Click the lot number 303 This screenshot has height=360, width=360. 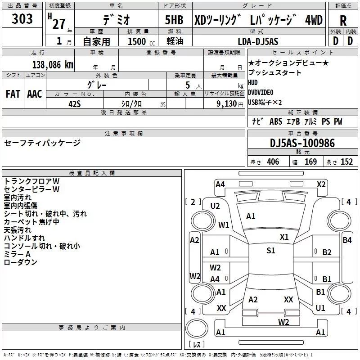[x=22, y=19]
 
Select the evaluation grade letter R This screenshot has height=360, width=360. [x=343, y=20]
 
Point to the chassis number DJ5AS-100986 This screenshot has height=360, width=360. [x=302, y=144]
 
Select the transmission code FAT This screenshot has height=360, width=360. [x=13, y=94]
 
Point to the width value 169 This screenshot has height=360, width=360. [x=310, y=162]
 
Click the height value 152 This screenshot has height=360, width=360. [x=346, y=162]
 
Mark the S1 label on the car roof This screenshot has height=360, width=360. [x=270, y=251]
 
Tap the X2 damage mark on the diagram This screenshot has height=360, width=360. [x=321, y=184]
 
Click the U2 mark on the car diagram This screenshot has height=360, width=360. [x=215, y=206]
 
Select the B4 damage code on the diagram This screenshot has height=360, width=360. [x=347, y=240]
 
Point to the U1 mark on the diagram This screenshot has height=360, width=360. [x=320, y=308]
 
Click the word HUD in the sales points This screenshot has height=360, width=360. [x=253, y=83]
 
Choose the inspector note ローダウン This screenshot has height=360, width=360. [x=20, y=262]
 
